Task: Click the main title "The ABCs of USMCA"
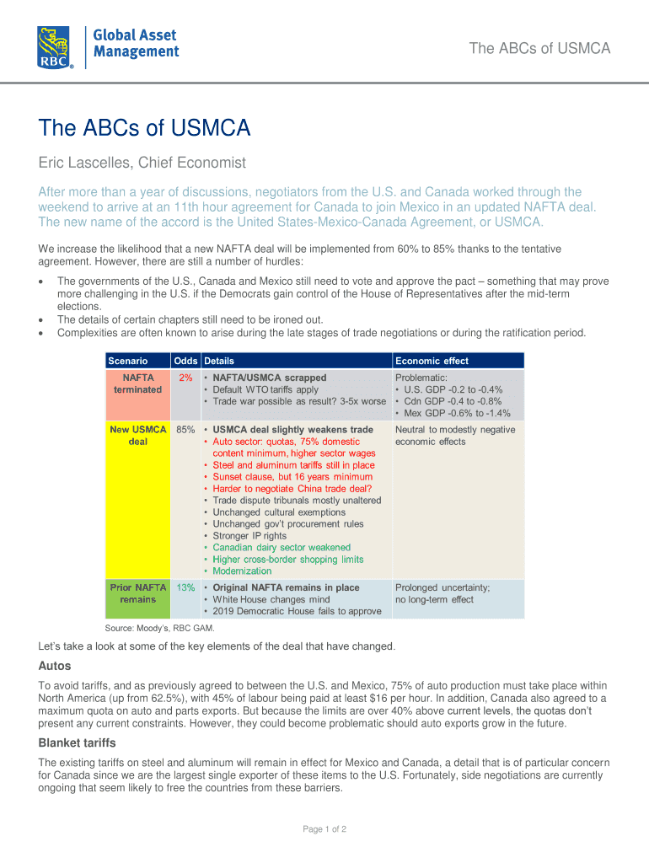coord(144,128)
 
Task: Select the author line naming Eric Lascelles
coord(142,162)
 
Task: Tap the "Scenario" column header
coord(127,361)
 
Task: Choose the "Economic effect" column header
coord(432,361)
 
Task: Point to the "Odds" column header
coord(185,361)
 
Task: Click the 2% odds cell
coord(185,378)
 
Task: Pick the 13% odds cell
coord(185,587)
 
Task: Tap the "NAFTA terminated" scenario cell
coord(138,383)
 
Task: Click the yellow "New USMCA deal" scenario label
coord(138,436)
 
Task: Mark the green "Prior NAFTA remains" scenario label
coord(138,593)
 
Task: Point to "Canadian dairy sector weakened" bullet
coord(282,548)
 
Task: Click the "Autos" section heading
coord(55,667)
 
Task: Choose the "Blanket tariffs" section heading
coord(78,743)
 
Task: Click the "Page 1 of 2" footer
coord(324,829)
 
